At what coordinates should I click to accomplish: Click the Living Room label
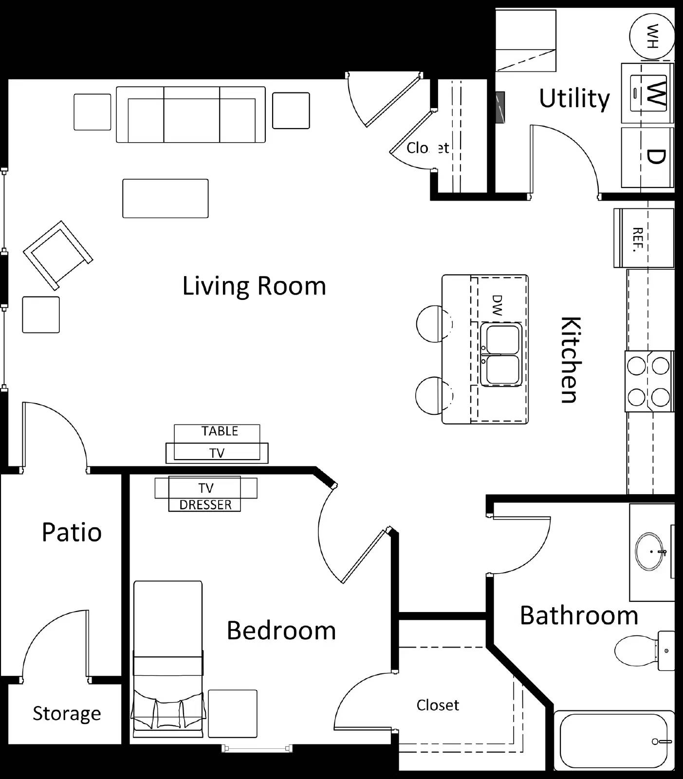point(254,286)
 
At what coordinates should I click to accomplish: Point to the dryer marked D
point(648,157)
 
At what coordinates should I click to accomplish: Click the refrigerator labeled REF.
point(644,238)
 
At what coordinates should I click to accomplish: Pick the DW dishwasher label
point(497,305)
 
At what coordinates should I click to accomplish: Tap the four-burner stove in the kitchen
point(649,381)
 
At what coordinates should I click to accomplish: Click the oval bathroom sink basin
point(649,552)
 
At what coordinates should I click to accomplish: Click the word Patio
point(72,532)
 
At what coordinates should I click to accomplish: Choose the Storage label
point(67,714)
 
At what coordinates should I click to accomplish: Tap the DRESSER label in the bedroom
point(205,505)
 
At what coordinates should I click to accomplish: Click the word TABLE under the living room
point(220,431)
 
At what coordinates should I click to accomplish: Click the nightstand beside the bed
point(233,714)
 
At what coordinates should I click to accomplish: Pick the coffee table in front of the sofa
point(166,198)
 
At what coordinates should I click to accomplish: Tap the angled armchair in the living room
point(57,255)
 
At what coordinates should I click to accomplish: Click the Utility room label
point(574,98)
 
